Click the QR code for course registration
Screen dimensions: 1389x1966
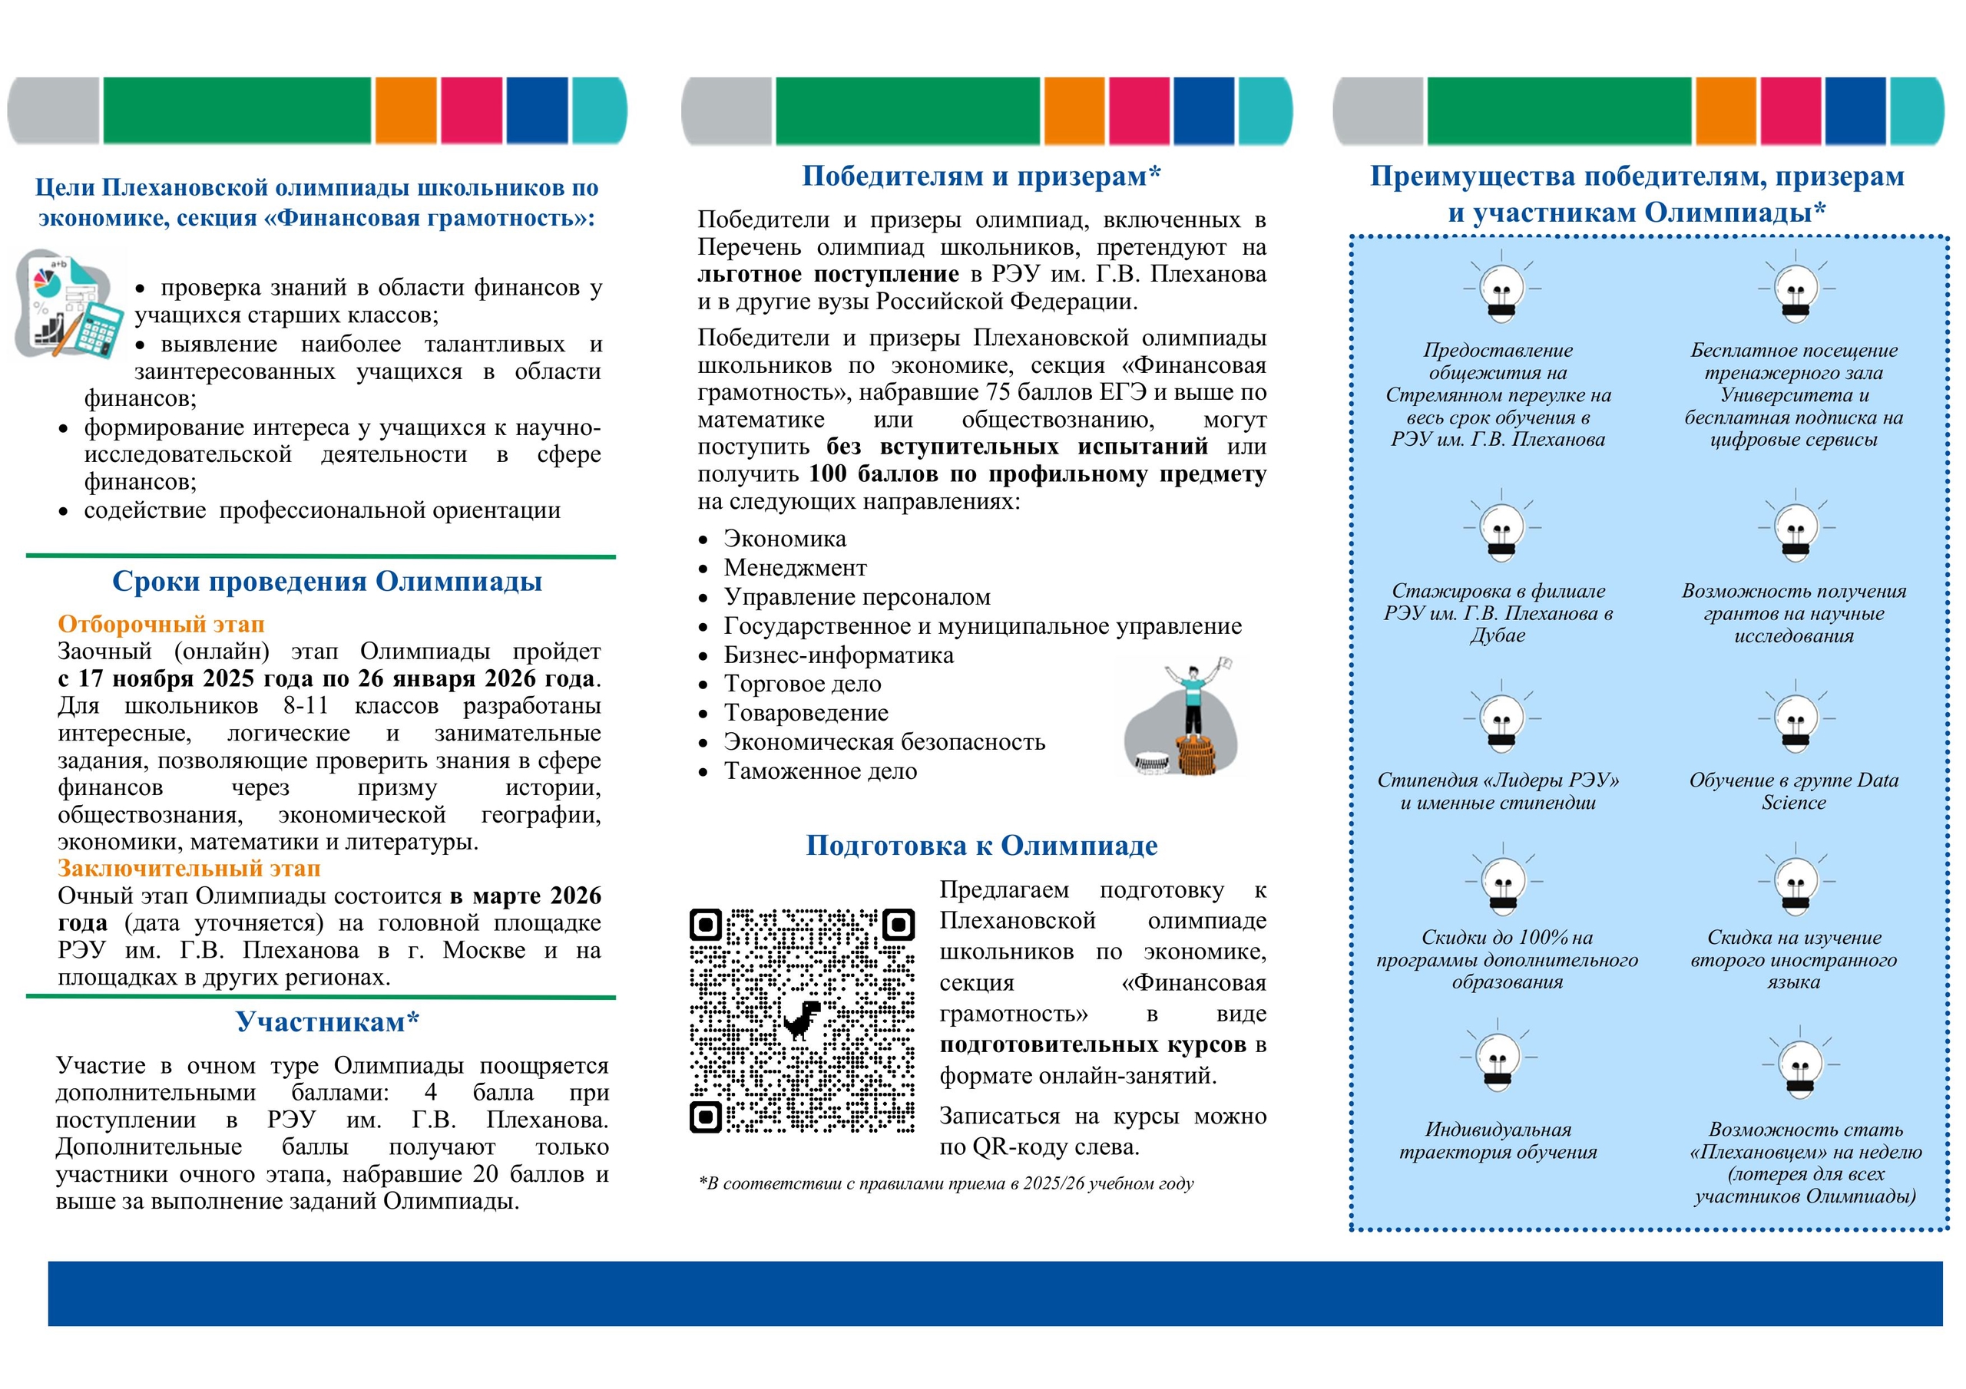click(x=802, y=1020)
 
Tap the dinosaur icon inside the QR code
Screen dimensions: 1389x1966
click(x=803, y=1019)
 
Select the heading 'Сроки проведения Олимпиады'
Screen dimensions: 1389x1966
click(x=327, y=582)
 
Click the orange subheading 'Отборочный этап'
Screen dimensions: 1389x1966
click(x=161, y=624)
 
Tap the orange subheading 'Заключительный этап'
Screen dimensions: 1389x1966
click(x=189, y=869)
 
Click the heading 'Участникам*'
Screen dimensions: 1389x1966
click(x=327, y=1022)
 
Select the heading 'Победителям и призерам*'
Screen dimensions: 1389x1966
click(x=981, y=177)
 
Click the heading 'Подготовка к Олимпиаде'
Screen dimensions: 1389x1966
click(x=981, y=846)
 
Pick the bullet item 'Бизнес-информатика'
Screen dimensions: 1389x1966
click(x=839, y=655)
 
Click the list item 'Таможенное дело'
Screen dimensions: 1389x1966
click(x=820, y=772)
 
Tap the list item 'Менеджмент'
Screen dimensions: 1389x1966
click(x=796, y=569)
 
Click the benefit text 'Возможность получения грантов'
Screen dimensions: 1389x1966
click(x=1793, y=612)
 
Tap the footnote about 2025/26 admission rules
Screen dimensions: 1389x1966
click(x=946, y=1183)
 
